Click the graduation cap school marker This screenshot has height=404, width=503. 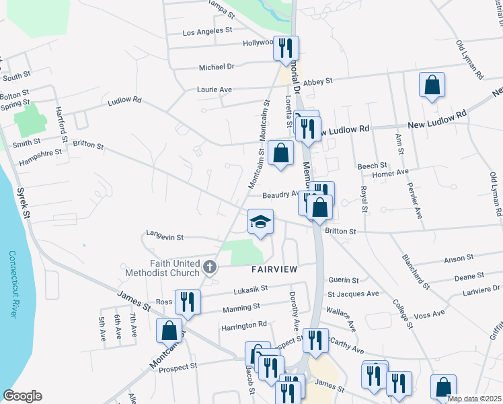(x=260, y=222)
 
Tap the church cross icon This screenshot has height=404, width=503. (x=210, y=268)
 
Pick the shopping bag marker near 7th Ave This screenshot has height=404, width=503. (x=169, y=330)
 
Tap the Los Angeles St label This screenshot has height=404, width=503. (x=207, y=31)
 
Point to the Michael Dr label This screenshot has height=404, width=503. (x=217, y=67)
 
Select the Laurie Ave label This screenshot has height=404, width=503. (x=214, y=89)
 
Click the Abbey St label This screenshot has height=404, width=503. (x=318, y=81)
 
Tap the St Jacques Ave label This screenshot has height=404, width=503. (x=353, y=294)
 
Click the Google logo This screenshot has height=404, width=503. (x=22, y=396)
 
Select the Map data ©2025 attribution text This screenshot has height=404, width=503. (x=474, y=399)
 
